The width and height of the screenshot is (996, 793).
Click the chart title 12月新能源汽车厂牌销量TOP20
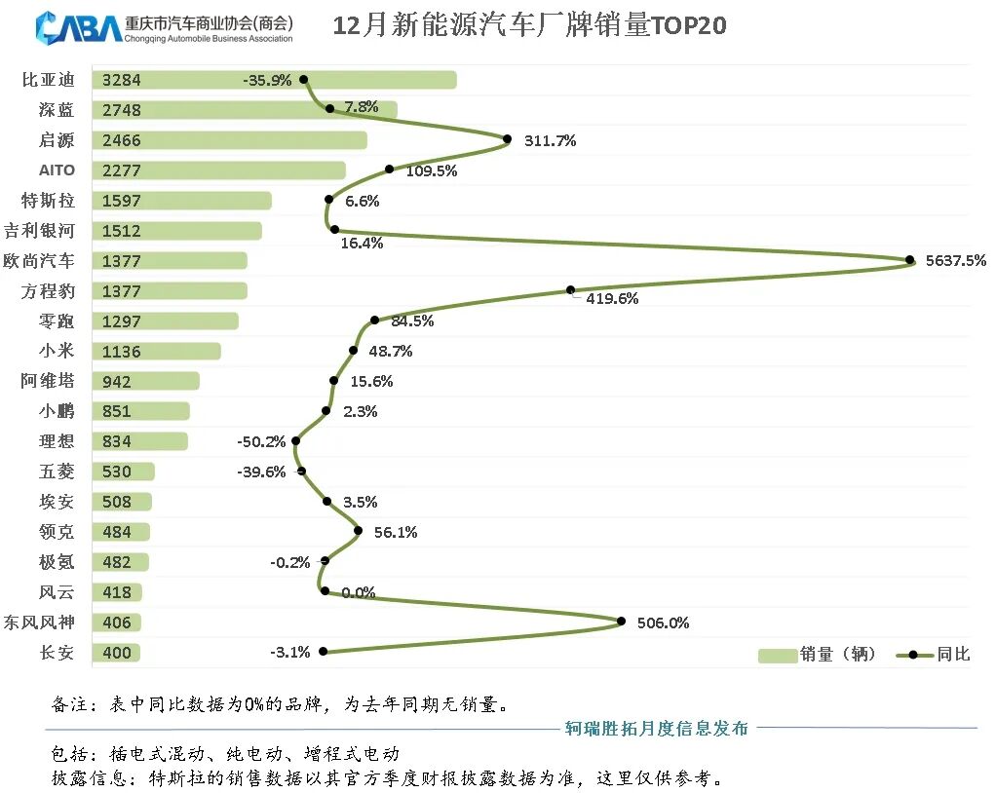(529, 25)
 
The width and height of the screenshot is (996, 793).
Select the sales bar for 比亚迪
(274, 80)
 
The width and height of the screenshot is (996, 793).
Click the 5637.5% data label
(956, 260)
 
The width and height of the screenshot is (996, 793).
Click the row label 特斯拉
(48, 201)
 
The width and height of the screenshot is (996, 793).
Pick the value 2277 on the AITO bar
(122, 170)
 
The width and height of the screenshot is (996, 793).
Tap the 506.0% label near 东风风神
(663, 623)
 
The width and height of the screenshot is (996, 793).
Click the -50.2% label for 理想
(261, 441)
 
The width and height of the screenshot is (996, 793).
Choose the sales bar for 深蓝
(244, 110)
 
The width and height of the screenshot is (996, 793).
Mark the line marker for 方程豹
(571, 289)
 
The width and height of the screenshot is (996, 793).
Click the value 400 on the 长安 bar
(117, 653)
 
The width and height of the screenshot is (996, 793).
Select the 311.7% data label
(550, 140)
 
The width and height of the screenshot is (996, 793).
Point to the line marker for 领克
(358, 531)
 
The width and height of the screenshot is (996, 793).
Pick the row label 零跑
(57, 321)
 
